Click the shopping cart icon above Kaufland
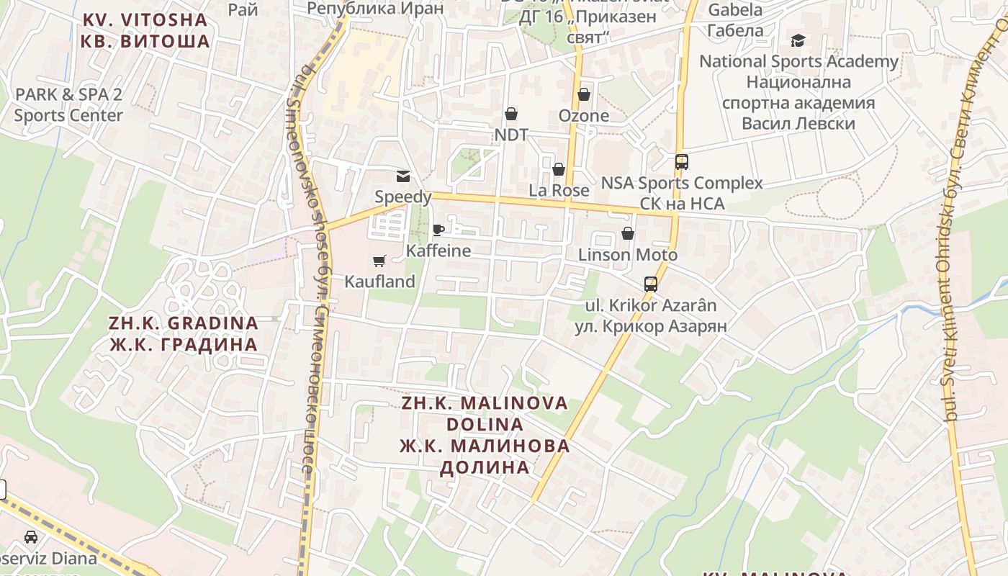[379, 261]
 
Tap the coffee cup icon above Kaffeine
[438, 230]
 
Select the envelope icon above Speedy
[403, 176]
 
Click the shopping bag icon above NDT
[511, 114]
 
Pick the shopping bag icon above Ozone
[584, 95]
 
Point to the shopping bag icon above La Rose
[559, 170]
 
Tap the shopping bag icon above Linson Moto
[628, 234]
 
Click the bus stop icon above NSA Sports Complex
[682, 162]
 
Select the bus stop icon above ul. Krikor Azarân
[651, 284]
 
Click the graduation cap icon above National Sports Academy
[798, 40]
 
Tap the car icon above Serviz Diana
[31, 537]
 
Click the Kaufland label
[379, 282]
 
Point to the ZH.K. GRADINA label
[184, 323]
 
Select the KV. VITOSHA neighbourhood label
[145, 19]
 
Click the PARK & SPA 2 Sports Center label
[68, 104]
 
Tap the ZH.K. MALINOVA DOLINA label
[485, 413]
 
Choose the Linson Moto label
[628, 255]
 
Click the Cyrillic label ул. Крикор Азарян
[651, 326]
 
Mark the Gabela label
[735, 10]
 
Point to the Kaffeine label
[438, 251]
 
